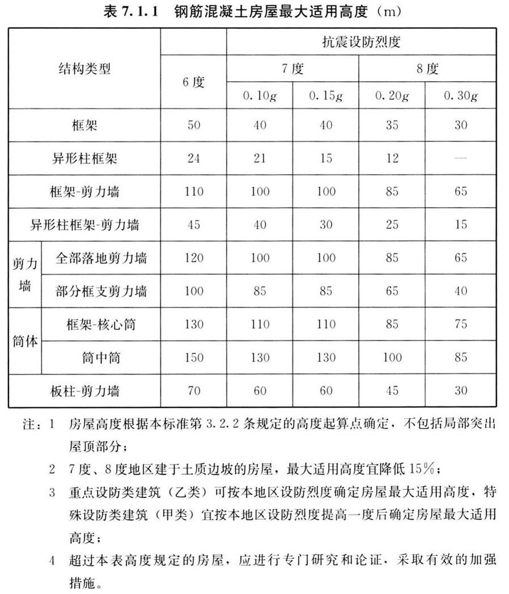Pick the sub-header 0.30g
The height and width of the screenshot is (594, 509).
point(460,96)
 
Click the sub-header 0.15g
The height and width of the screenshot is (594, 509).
point(326,96)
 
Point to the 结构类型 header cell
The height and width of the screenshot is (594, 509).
point(84,69)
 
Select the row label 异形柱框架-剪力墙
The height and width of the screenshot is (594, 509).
point(84,225)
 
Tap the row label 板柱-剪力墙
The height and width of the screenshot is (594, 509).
point(84,391)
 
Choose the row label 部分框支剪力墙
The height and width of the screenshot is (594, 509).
point(101,291)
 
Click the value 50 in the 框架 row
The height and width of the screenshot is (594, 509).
point(193,125)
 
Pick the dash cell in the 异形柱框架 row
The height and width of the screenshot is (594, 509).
point(460,158)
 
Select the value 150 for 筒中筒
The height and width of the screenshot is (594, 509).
point(193,357)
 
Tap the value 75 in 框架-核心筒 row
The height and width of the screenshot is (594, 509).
point(460,325)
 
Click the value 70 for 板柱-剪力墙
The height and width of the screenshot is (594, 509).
point(193,391)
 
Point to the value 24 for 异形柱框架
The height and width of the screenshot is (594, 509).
point(193,158)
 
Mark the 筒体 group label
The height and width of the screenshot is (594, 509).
point(25,342)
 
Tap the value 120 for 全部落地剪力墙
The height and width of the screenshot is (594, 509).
point(193,258)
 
